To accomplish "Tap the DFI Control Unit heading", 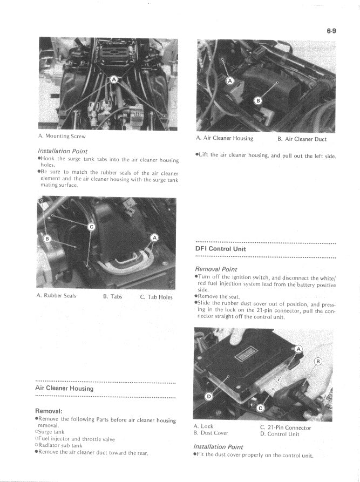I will click(x=221, y=249).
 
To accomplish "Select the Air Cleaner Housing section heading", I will click(x=64, y=388).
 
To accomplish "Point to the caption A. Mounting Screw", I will click(x=62, y=136).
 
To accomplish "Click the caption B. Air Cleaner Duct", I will click(x=302, y=139).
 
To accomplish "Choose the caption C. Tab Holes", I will click(x=156, y=296).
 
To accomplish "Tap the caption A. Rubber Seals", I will click(x=57, y=296).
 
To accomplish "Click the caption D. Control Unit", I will click(x=279, y=433).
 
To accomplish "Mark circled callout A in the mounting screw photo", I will click(x=114, y=79).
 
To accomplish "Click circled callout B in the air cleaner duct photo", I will click(x=257, y=100).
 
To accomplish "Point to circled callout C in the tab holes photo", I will click(x=91, y=227).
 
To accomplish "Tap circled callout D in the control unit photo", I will click(x=209, y=397).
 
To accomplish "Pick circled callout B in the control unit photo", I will click(x=318, y=361).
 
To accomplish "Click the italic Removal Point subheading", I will click(x=216, y=269).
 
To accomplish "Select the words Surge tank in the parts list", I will click(x=51, y=432).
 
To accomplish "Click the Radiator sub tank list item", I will click(x=60, y=446).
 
